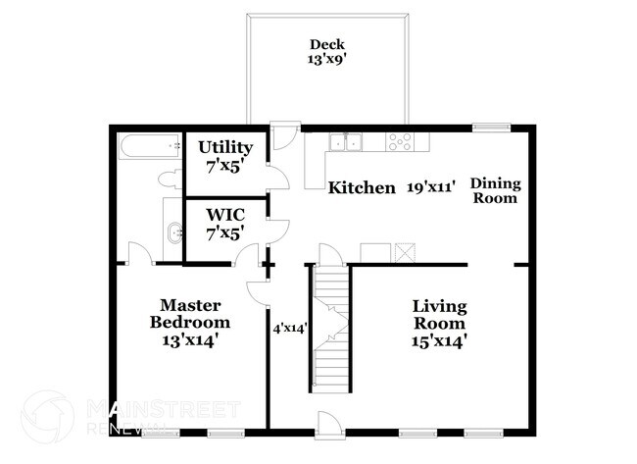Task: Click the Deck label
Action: [327, 44]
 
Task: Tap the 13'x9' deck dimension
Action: [327, 59]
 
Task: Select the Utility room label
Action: [225, 147]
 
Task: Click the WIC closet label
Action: [224, 213]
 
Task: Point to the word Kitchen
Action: [362, 187]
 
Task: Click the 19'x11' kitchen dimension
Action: [431, 187]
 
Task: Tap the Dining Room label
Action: [496, 190]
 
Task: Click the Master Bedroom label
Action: [190, 314]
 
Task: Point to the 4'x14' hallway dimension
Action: [290, 329]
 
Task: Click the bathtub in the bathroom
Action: [148, 147]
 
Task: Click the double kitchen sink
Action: [345, 142]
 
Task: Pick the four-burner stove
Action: [401, 141]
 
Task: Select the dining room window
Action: [491, 127]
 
